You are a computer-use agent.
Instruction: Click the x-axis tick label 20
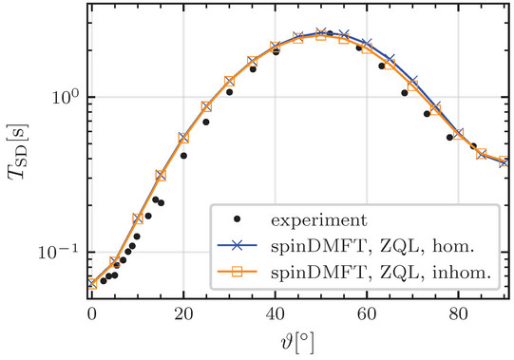[x=183, y=314]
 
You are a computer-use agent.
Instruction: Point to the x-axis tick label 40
[x=275, y=314]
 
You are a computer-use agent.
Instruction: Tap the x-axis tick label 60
[x=367, y=314]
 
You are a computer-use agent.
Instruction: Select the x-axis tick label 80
[x=458, y=314]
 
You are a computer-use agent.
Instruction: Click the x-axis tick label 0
[x=92, y=314]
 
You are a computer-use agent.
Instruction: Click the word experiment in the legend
[x=319, y=220]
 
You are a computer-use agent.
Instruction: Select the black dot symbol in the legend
[x=238, y=219]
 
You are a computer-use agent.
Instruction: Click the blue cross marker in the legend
[x=238, y=245]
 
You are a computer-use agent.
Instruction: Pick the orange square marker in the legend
[x=238, y=272]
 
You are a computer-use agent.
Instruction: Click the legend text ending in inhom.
[x=381, y=273]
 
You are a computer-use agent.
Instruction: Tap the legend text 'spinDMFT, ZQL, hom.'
[x=372, y=246]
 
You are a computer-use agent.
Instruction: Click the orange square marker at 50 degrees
[x=321, y=35]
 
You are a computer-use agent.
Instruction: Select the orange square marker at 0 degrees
[x=92, y=284]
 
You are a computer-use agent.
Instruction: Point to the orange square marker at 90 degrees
[x=504, y=161]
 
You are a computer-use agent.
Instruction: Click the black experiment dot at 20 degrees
[x=183, y=156]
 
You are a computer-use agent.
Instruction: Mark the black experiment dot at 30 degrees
[x=230, y=92]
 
